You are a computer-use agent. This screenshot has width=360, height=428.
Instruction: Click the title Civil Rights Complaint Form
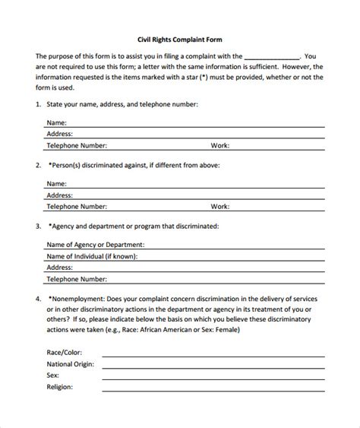pyautogui.click(x=179, y=40)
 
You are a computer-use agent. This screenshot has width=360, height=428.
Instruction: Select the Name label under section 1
pyautogui.click(x=57, y=122)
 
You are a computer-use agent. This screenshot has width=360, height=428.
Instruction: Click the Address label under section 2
pyautogui.click(x=60, y=195)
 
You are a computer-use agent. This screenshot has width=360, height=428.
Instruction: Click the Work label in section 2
pyautogui.click(x=220, y=206)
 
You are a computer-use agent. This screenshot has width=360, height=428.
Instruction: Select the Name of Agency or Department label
pyautogui.click(x=96, y=245)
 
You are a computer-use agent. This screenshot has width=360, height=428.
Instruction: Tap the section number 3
pyautogui.click(x=38, y=226)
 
